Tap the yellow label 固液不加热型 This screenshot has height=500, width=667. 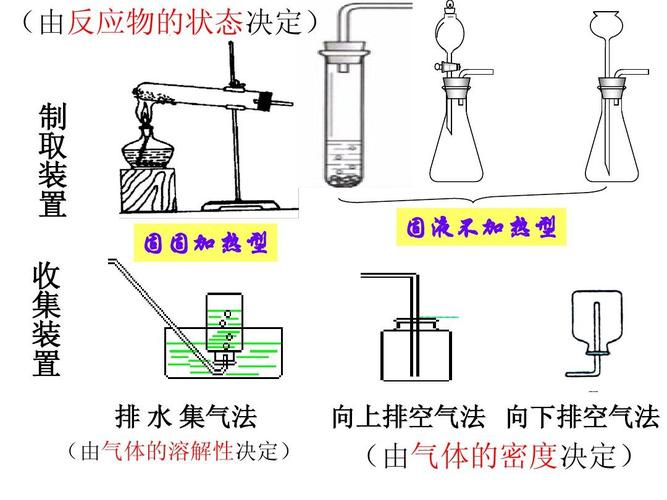tap(480, 228)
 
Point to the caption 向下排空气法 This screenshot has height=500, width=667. tap(583, 417)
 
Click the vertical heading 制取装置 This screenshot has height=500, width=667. tap(52, 160)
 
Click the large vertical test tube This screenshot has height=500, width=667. tap(346, 120)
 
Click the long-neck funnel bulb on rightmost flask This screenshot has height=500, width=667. tap(607, 22)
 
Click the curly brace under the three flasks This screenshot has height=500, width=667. tap(460, 201)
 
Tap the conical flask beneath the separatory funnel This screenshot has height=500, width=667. tap(456, 140)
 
